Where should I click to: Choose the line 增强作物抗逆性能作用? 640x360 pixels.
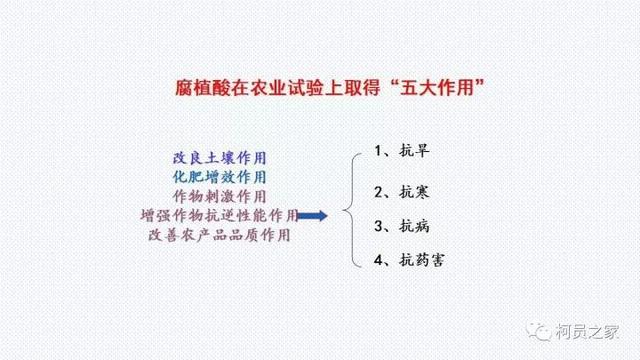220,215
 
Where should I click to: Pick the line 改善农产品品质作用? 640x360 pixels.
220,235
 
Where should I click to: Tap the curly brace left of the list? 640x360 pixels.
348,208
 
